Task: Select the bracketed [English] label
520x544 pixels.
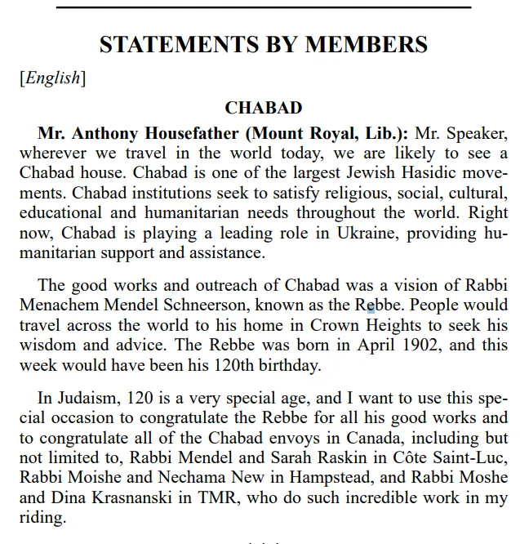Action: (52, 78)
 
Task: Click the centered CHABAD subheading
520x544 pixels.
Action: (263, 108)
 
